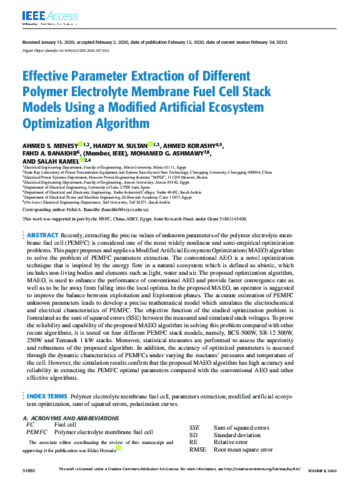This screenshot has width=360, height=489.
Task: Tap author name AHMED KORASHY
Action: (x=188, y=146)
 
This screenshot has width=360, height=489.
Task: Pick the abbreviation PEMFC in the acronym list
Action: (x=37, y=432)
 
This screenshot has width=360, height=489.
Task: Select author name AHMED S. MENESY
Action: (x=49, y=146)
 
